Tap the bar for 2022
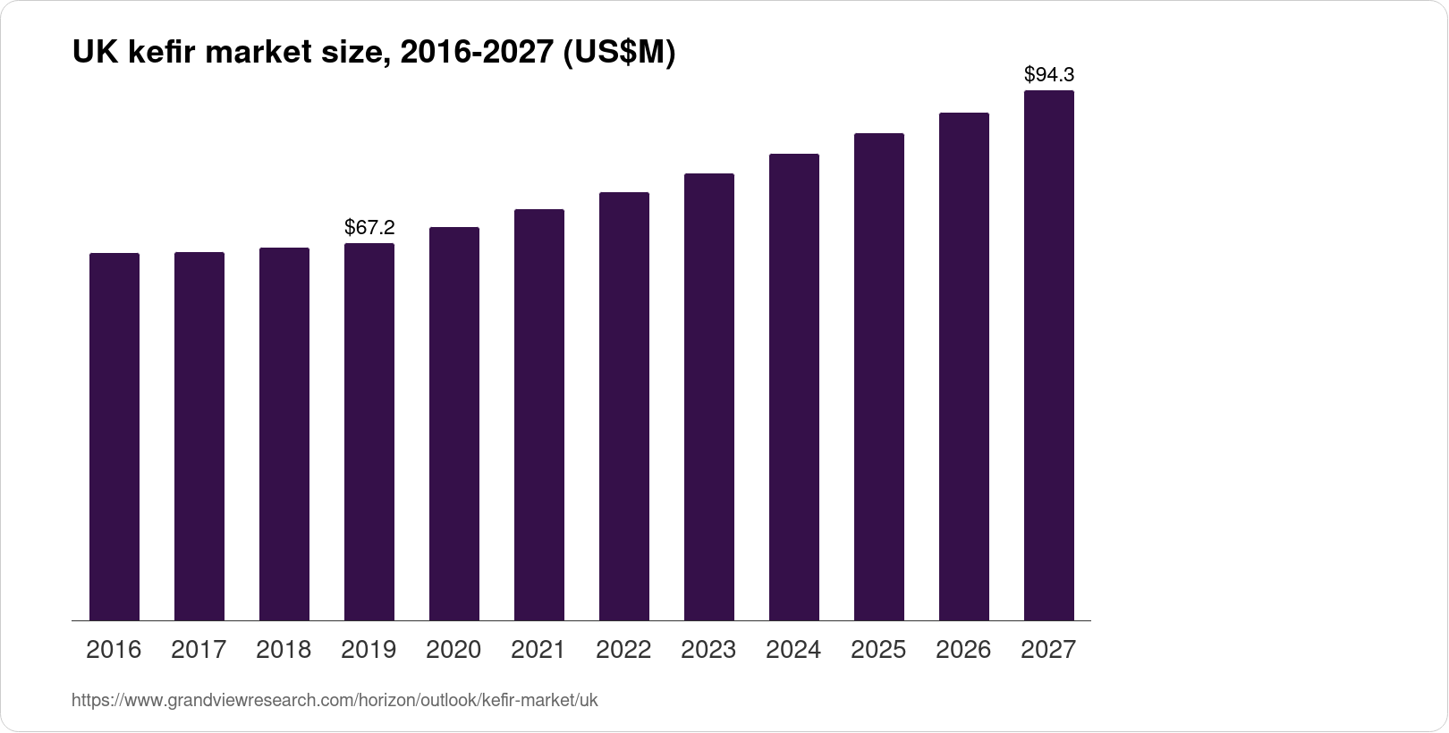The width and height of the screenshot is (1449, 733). (624, 406)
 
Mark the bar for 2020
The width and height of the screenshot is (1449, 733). (454, 424)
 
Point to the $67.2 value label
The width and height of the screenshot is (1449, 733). (369, 228)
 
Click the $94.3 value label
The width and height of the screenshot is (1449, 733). (1049, 74)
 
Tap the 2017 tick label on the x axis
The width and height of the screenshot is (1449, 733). (199, 650)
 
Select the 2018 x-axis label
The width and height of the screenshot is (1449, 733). (284, 650)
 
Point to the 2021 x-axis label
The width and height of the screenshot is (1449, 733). (538, 650)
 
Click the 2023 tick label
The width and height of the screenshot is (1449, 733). (708, 650)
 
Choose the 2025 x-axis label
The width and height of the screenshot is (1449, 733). (878, 650)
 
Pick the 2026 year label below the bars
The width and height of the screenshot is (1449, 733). (963, 650)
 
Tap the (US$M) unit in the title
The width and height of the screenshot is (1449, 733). (618, 54)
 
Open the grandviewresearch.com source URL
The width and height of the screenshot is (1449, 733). (335, 700)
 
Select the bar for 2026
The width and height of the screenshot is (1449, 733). (964, 366)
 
